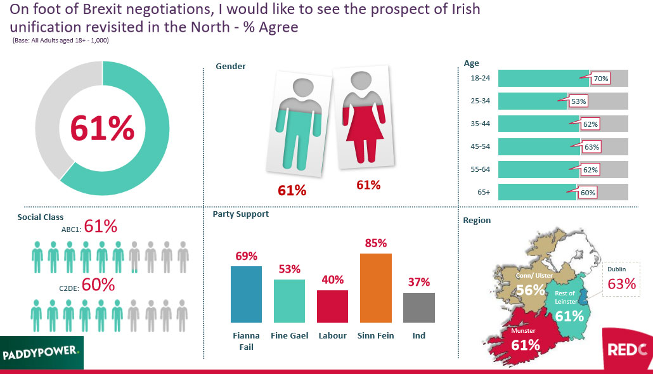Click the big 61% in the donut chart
102,129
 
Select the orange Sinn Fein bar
376,288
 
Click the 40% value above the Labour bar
333,280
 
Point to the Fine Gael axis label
290,335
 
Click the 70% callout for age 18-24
600,79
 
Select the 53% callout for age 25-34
578,101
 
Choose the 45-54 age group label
480,146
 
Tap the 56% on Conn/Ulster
531,290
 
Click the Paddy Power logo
41,350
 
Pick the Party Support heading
240,214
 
